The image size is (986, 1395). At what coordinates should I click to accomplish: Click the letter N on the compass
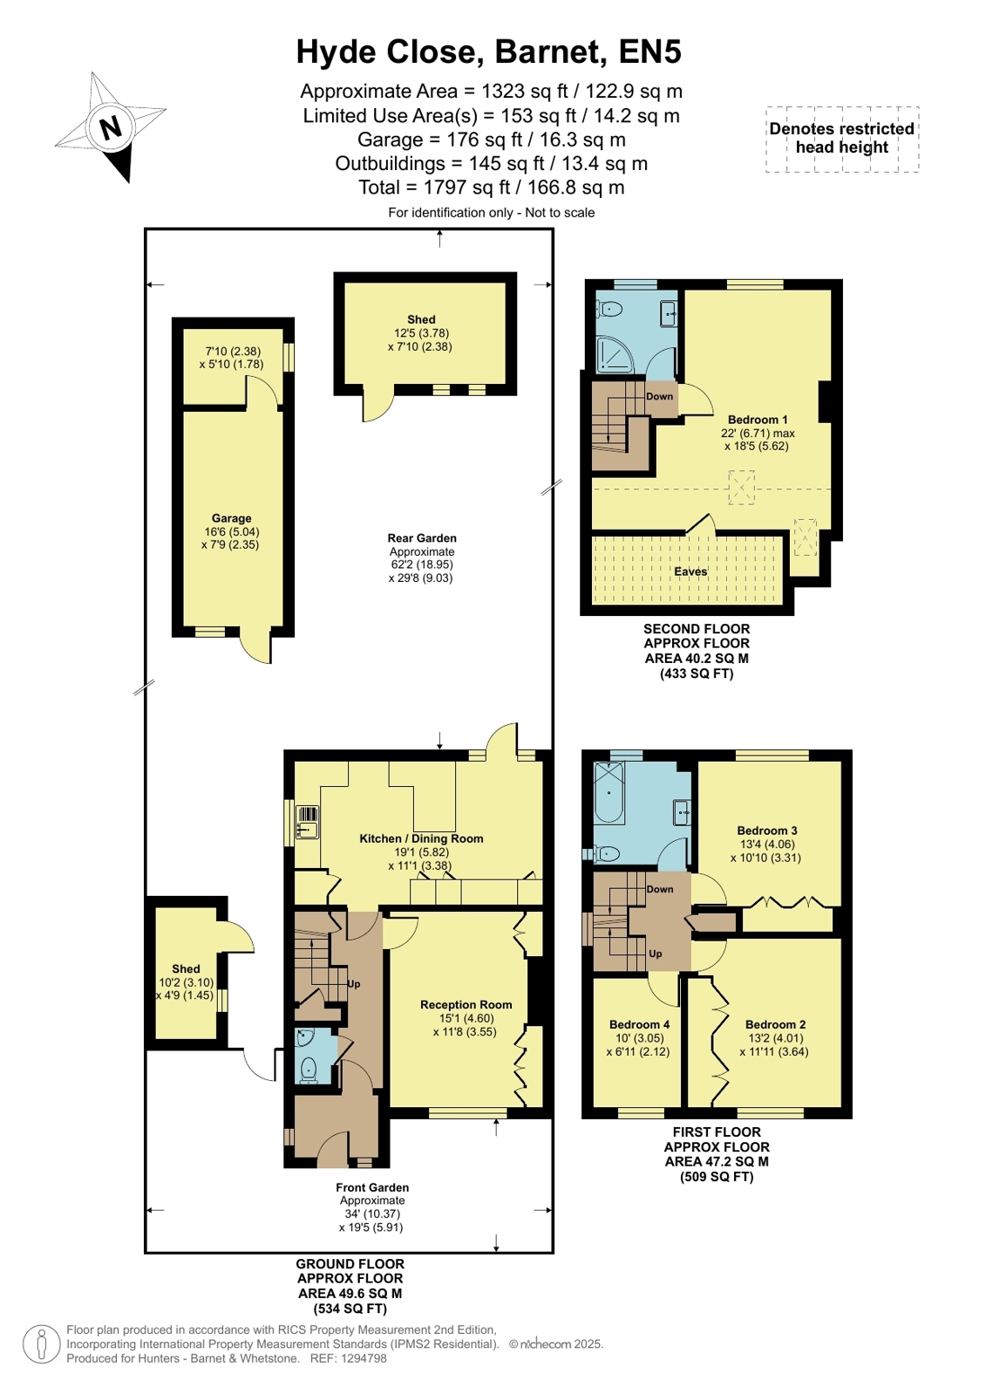tap(112, 128)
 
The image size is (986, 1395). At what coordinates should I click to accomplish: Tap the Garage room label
tap(232, 518)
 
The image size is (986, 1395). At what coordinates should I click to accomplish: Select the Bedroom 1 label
tap(753, 420)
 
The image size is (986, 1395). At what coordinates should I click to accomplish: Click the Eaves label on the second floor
tap(690, 571)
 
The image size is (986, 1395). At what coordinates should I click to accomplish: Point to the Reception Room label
tap(466, 1004)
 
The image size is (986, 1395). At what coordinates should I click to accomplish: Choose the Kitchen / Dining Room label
tap(421, 838)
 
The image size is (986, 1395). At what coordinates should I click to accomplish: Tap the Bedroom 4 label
tap(639, 1024)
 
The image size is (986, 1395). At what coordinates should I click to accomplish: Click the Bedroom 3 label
tap(767, 831)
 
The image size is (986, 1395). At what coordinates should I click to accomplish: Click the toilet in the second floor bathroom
tap(610, 308)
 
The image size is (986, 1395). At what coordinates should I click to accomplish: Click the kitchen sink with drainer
tap(308, 822)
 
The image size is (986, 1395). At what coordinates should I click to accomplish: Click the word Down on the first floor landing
tap(660, 889)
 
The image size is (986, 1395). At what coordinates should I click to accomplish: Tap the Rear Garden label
tap(421, 538)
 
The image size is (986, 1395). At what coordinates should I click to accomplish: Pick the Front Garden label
tap(372, 1187)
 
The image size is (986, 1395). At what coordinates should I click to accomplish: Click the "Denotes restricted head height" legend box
tap(841, 138)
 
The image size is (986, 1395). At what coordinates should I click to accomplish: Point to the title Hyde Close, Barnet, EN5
tap(489, 51)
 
